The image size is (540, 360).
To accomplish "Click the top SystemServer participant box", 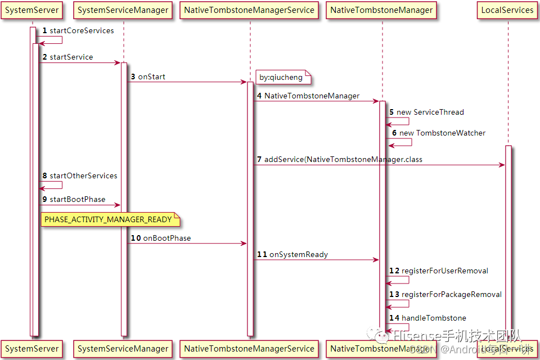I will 31,10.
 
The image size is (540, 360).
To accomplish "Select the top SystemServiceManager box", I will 123,10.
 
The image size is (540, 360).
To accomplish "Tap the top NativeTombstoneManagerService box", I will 249,10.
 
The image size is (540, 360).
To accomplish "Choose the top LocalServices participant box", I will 507,10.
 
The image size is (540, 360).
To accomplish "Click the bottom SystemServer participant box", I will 31,349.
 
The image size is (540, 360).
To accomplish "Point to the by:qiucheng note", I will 281,77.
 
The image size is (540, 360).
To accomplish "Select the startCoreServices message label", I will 82,30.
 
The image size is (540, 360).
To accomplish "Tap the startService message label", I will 71,57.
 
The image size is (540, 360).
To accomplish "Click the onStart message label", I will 151,76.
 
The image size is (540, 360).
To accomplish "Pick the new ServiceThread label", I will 430,112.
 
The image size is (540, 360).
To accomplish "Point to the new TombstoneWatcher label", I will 442,133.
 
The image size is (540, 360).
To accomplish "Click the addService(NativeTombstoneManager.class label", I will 343,159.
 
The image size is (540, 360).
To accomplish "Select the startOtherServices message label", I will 83,175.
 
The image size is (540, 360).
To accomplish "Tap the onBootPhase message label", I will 166,238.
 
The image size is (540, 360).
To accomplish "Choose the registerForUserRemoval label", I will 444,271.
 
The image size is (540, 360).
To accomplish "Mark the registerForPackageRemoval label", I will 451,294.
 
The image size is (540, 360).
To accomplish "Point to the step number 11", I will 262,254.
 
